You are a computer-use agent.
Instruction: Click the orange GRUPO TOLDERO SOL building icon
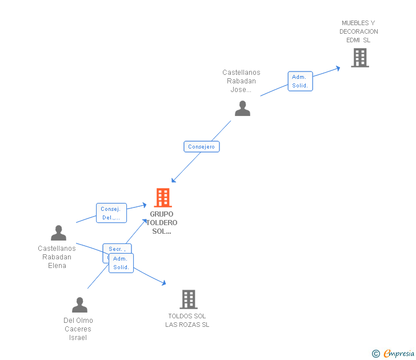[x=163, y=198]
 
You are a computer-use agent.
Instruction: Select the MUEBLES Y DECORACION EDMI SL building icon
[x=359, y=58]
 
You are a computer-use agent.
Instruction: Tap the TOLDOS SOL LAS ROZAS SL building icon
[x=189, y=299]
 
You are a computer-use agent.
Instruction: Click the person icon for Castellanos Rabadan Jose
[x=242, y=109]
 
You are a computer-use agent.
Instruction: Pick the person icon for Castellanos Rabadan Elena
[x=58, y=233]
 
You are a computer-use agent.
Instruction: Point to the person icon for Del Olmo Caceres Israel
[x=79, y=305]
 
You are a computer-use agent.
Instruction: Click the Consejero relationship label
[x=201, y=147]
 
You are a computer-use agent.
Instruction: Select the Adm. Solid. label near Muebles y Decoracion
[x=300, y=81]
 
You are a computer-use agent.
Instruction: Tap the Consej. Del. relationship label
[x=111, y=213]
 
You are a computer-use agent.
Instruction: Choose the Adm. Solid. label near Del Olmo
[x=121, y=263]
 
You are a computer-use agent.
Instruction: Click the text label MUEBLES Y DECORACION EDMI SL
[x=359, y=31]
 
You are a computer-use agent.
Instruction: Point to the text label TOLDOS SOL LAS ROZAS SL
[x=187, y=321]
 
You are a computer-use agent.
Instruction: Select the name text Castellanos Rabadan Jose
[x=241, y=81]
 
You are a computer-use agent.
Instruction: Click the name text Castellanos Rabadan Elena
[x=57, y=257]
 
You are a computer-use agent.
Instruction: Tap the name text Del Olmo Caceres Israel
[x=78, y=329]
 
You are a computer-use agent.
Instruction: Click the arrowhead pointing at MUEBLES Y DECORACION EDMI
[x=338, y=67]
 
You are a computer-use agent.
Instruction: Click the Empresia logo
[x=398, y=354]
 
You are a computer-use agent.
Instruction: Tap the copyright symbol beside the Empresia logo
[x=375, y=354]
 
